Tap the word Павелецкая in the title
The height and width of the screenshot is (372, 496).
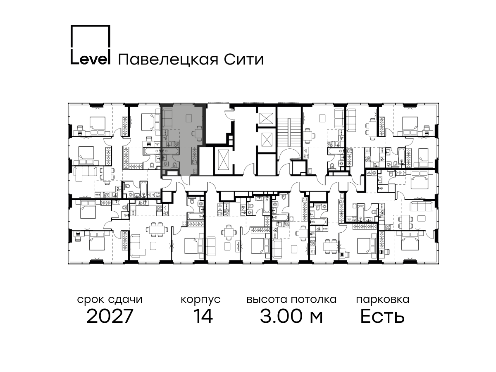168,60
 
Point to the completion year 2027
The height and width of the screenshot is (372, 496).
110,317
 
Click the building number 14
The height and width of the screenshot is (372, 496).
203,316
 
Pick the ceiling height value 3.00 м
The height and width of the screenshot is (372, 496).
291,316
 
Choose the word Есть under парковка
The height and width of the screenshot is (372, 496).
382,316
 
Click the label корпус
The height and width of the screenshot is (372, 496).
200,300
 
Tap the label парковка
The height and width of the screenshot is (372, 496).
383,300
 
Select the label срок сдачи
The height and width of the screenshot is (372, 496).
110,300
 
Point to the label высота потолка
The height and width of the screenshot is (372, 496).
291,300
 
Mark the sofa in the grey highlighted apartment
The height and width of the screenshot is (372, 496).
168,118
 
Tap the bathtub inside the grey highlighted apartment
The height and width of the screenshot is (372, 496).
171,150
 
